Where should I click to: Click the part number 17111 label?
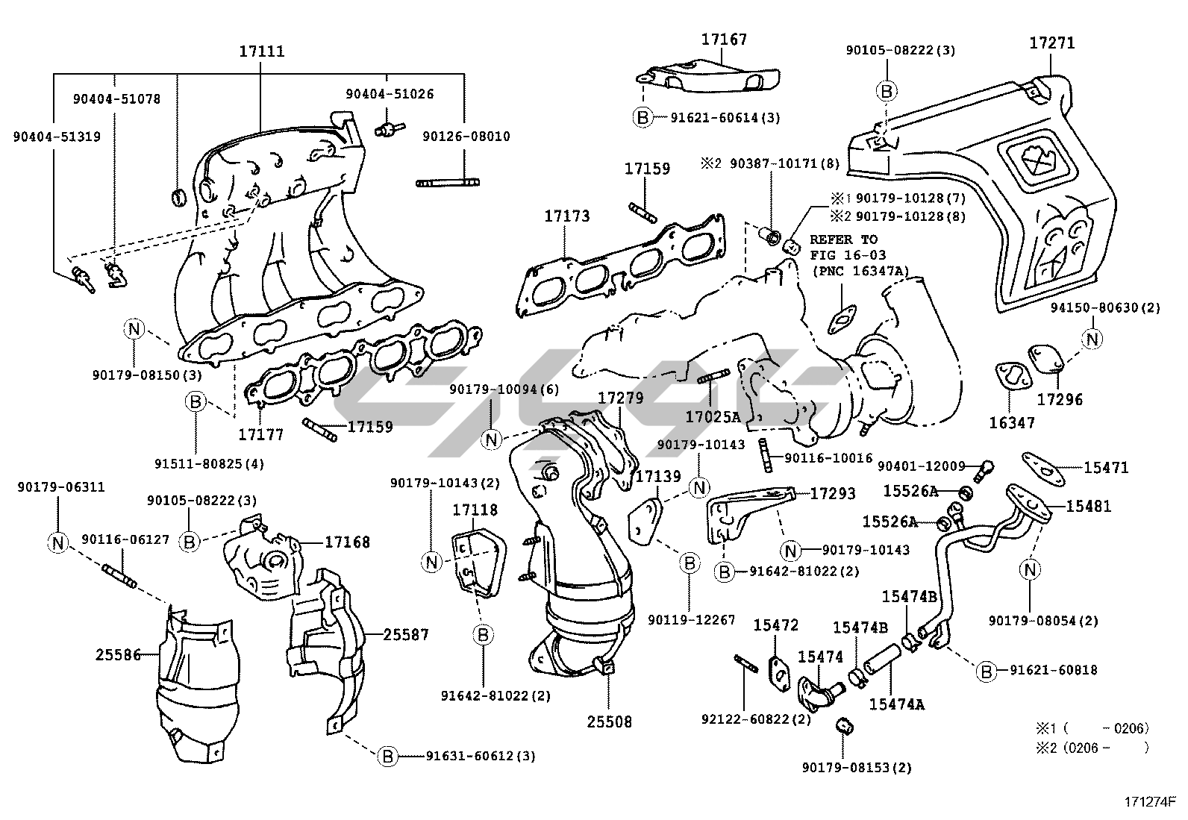click(261, 51)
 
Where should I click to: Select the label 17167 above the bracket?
click(723, 39)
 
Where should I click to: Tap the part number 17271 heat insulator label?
click(1052, 43)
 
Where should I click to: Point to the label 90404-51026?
click(390, 94)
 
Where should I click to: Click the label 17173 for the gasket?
click(566, 216)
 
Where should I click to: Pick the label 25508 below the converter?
click(609, 722)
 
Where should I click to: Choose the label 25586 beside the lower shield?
click(119, 655)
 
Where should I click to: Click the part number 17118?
click(475, 510)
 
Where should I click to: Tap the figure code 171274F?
click(1150, 803)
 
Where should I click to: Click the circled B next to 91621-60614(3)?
click(641, 117)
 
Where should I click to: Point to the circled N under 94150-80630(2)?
click(1092, 339)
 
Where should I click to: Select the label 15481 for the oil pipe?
click(1088, 507)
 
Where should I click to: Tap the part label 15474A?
click(896, 703)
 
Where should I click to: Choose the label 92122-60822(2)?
click(755, 719)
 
